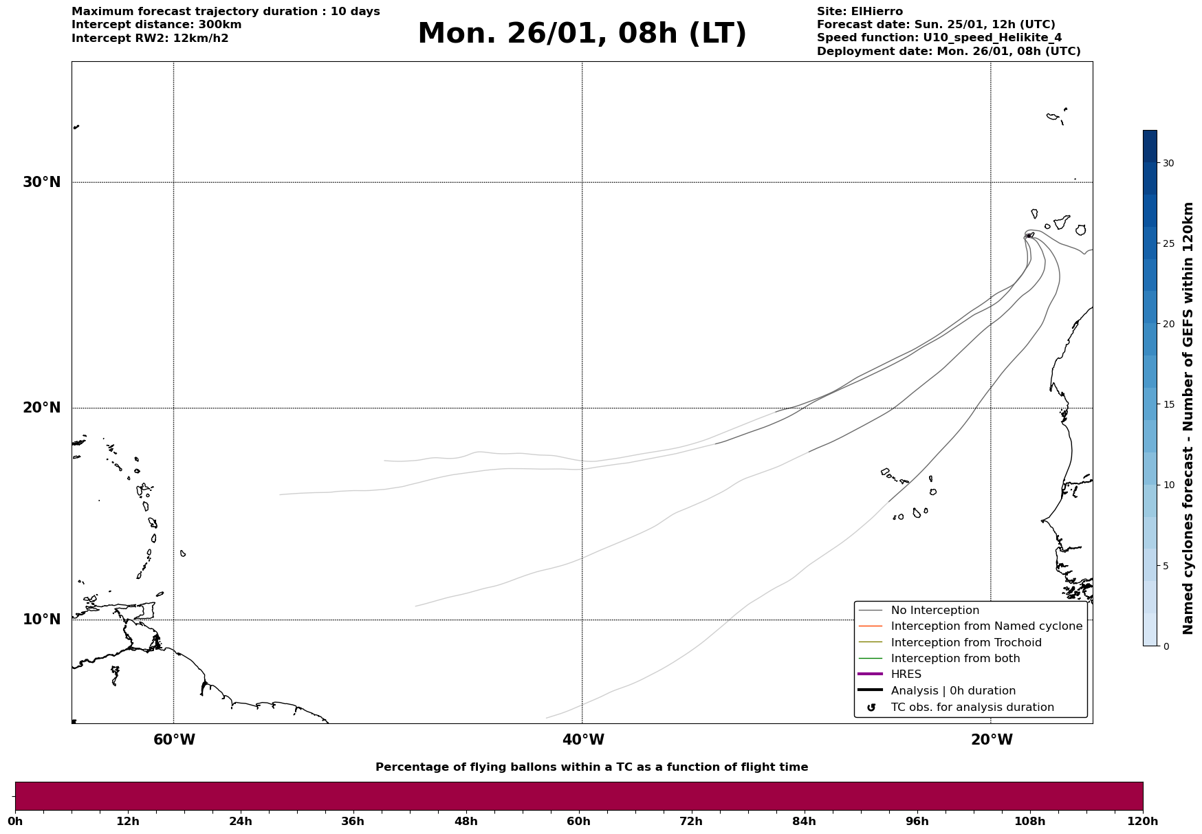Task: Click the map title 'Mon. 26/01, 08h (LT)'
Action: pyautogui.click(x=582, y=34)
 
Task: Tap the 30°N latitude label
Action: pyautogui.click(x=42, y=182)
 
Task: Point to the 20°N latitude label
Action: pyautogui.click(x=42, y=408)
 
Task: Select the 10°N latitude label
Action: pyautogui.click(x=42, y=619)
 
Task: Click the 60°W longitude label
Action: pyautogui.click(x=174, y=740)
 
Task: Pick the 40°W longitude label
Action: pyautogui.click(x=583, y=740)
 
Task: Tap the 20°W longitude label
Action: pyautogui.click(x=992, y=740)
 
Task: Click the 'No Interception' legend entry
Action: pyautogui.click(x=935, y=611)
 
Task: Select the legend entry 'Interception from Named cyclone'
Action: pyautogui.click(x=986, y=626)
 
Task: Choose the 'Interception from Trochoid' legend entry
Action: pyautogui.click(x=965, y=643)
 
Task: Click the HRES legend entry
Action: pyautogui.click(x=906, y=674)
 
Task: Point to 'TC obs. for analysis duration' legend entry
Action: pyautogui.click(x=972, y=707)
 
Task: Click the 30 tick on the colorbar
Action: pyautogui.click(x=1168, y=163)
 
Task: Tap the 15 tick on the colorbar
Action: pyautogui.click(x=1168, y=404)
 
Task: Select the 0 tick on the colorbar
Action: pyautogui.click(x=1166, y=646)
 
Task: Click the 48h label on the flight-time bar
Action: pyautogui.click(x=466, y=821)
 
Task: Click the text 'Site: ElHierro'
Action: pyautogui.click(x=860, y=12)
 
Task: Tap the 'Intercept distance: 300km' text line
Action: pyautogui.click(x=156, y=25)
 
